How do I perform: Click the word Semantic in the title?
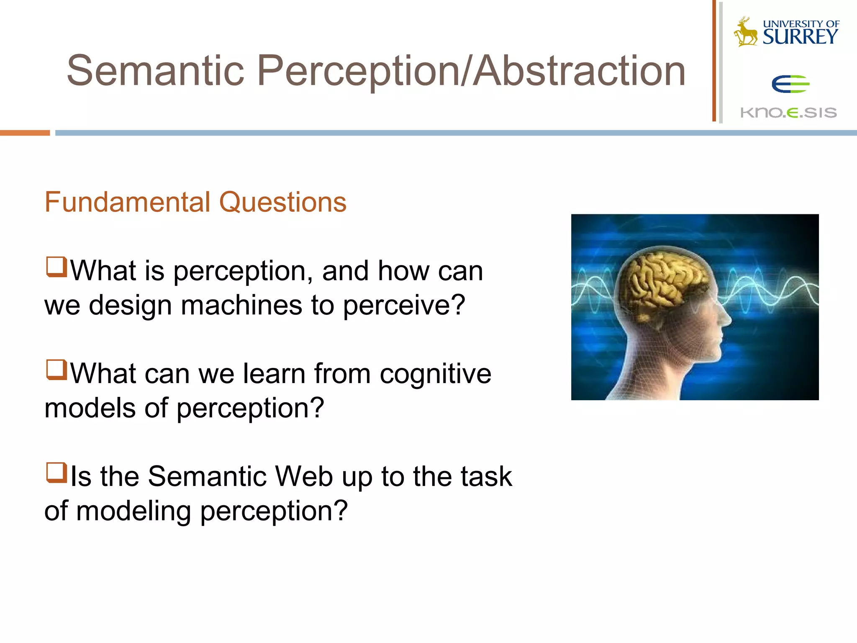point(155,71)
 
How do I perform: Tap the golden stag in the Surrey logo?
point(745,32)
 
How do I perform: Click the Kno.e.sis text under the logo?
point(788,113)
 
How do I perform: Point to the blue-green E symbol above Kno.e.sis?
point(790,85)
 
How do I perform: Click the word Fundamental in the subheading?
point(127,202)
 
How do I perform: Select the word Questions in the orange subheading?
point(283,202)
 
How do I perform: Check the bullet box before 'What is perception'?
point(56,267)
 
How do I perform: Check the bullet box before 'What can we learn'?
point(56,370)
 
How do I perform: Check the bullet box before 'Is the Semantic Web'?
point(56,473)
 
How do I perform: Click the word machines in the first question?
point(241,305)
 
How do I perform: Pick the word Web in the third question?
point(304,476)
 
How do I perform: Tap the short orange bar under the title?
point(25,133)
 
